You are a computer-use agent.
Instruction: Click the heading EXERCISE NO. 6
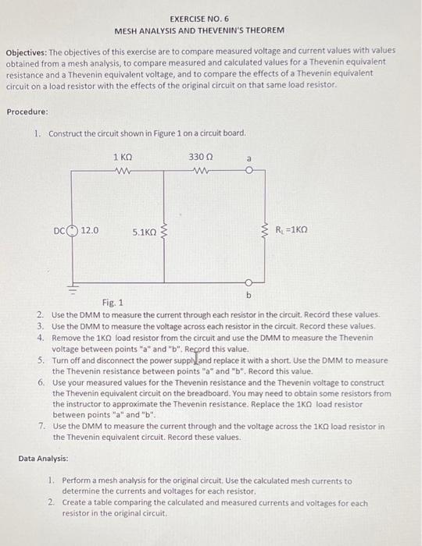pyautogui.click(x=199, y=19)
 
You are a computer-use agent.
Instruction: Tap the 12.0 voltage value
pyautogui.click(x=91, y=231)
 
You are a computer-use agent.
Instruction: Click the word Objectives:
pyautogui.click(x=30, y=50)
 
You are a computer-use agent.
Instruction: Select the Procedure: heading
pyautogui.click(x=27, y=112)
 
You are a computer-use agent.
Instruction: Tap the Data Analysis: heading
pyautogui.click(x=43, y=459)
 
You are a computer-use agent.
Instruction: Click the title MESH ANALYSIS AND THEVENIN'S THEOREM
pyautogui.click(x=199, y=30)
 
